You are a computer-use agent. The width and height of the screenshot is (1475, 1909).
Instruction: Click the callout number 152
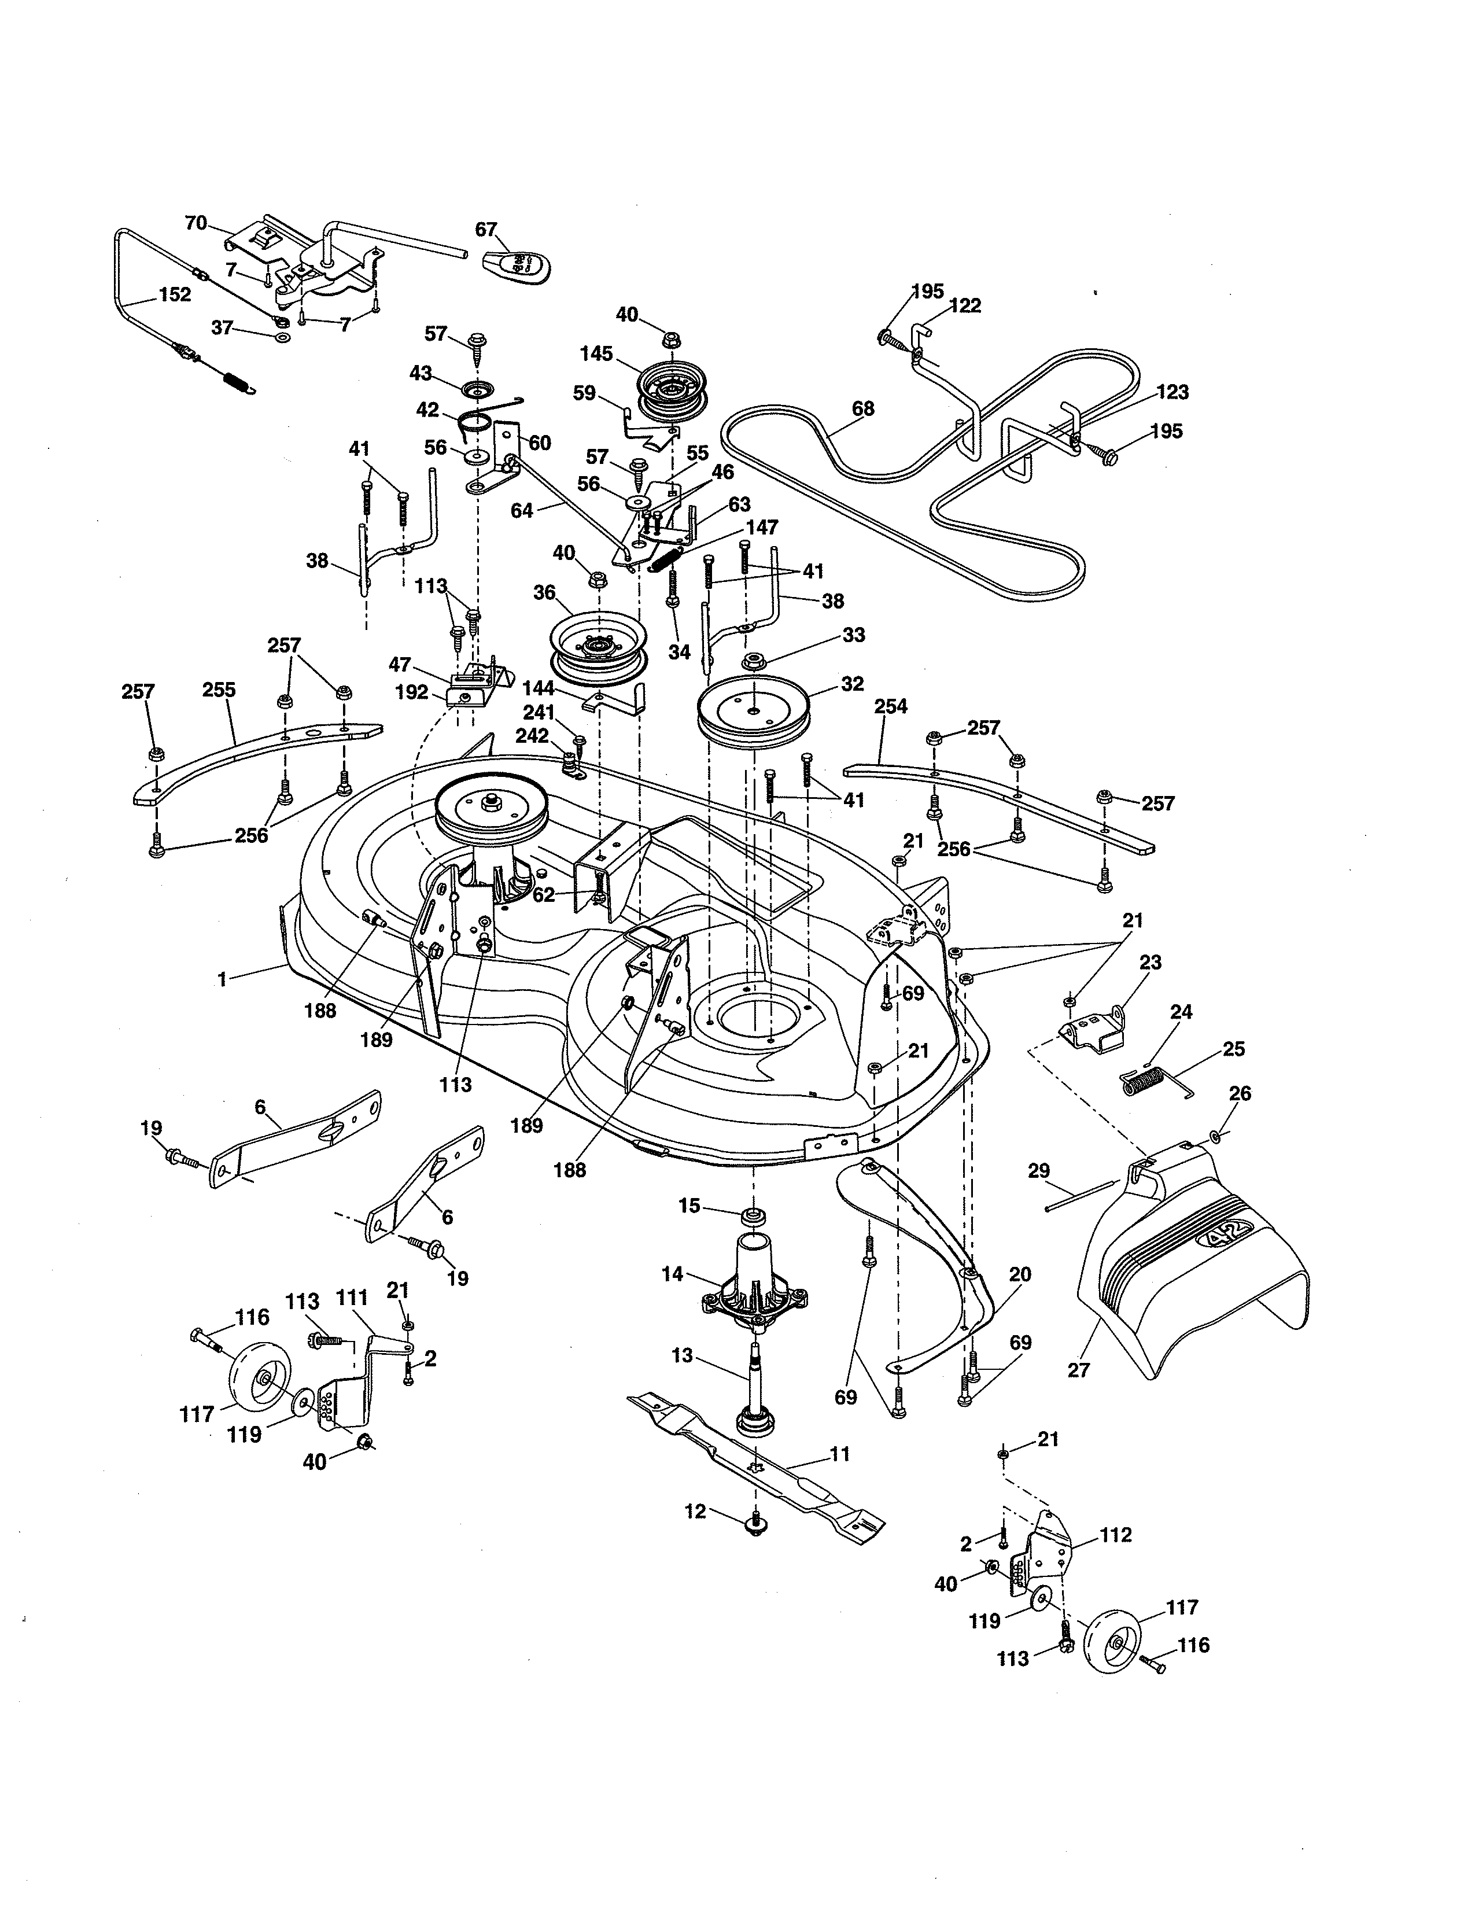point(175,294)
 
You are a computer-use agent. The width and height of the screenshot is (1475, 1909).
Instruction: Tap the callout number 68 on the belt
point(862,408)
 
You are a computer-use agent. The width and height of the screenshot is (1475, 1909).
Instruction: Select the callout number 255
point(219,690)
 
